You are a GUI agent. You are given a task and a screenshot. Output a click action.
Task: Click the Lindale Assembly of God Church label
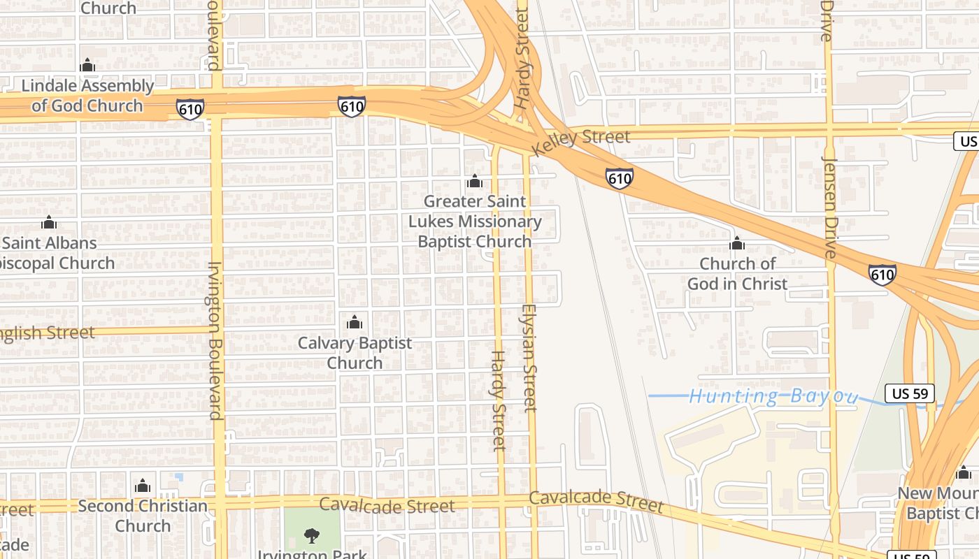pyautogui.click(x=87, y=96)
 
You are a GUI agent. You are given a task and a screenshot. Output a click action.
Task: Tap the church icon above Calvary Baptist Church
pyautogui.click(x=355, y=322)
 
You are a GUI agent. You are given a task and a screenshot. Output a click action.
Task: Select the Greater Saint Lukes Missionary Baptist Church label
pyautogui.click(x=475, y=222)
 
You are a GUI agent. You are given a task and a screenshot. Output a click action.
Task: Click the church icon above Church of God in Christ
pyautogui.click(x=737, y=244)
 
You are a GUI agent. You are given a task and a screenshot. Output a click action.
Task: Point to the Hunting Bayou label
pyautogui.click(x=773, y=397)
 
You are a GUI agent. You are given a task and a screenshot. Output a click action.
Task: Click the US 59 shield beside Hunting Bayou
pyautogui.click(x=910, y=393)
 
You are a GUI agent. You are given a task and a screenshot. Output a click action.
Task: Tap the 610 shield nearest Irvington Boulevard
pyautogui.click(x=190, y=109)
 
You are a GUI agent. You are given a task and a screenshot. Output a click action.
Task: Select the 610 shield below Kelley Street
pyautogui.click(x=620, y=179)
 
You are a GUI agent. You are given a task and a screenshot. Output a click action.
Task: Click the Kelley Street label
pyautogui.click(x=580, y=143)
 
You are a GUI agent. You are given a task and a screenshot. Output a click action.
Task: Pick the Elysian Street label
pyautogui.click(x=530, y=357)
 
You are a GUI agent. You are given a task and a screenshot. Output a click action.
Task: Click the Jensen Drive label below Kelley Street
pyautogui.click(x=830, y=207)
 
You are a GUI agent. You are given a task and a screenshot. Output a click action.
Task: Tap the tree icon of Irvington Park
pyautogui.click(x=312, y=536)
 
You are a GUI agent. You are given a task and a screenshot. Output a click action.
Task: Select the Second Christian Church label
pyautogui.click(x=143, y=516)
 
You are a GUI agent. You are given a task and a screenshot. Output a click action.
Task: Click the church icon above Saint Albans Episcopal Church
pyautogui.click(x=48, y=223)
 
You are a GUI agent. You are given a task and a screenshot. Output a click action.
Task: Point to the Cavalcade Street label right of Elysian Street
pyautogui.click(x=595, y=501)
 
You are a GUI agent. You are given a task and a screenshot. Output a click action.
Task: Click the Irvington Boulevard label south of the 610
pyautogui.click(x=215, y=340)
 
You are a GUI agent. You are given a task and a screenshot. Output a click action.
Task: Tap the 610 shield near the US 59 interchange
pyautogui.click(x=882, y=275)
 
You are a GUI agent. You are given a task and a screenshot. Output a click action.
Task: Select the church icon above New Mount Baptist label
pyautogui.click(x=964, y=473)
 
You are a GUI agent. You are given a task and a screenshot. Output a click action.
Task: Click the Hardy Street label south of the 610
pyautogui.click(x=497, y=400)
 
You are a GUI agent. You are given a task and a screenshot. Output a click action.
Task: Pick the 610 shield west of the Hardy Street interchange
pyautogui.click(x=351, y=106)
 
